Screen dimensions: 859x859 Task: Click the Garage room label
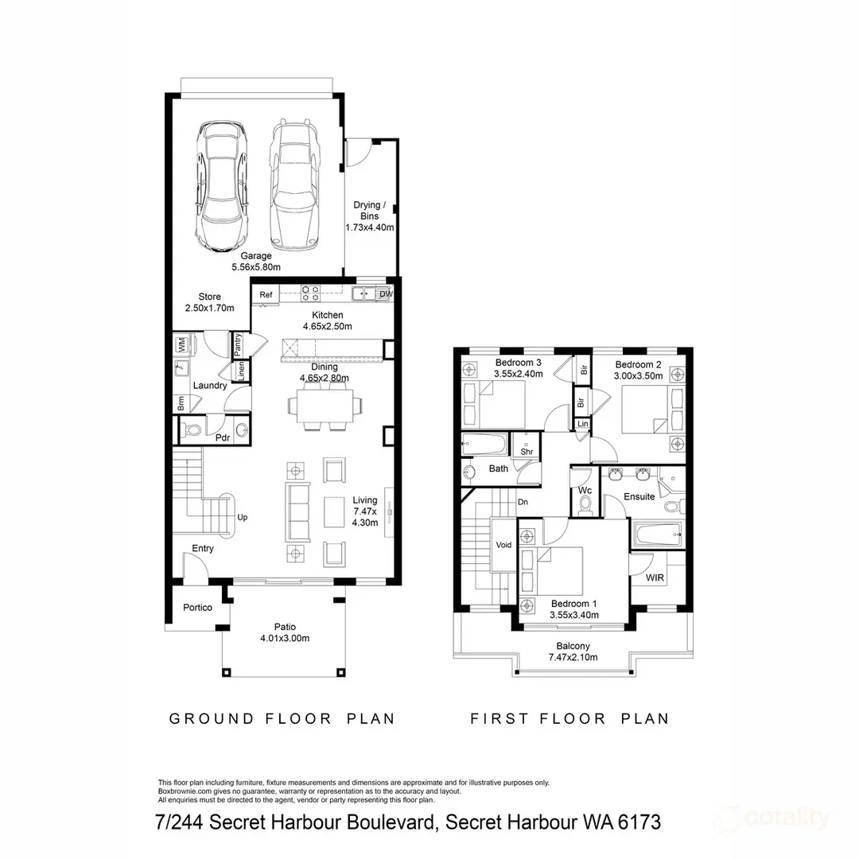point(256,256)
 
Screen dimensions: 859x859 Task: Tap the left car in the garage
point(221,186)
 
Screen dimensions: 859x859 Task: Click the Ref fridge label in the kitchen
point(266,295)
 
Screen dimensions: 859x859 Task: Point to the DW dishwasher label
point(387,294)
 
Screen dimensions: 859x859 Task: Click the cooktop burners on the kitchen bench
point(311,293)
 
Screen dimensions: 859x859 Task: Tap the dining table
point(325,406)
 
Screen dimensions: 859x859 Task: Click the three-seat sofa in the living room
point(297,511)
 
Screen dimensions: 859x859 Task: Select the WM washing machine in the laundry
point(181,344)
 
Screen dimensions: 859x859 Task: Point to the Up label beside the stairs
point(242,517)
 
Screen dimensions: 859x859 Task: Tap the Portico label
point(197,607)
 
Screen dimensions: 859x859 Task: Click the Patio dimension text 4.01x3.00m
point(285,638)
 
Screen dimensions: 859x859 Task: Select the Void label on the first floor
point(503,545)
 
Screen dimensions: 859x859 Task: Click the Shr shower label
point(527,452)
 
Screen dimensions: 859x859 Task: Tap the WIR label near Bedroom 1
point(655,577)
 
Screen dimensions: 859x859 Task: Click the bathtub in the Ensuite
point(658,534)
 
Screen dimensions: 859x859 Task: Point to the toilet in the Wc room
point(585,506)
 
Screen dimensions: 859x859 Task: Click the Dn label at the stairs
point(523,502)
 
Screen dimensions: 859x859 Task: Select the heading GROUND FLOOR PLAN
point(282,719)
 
